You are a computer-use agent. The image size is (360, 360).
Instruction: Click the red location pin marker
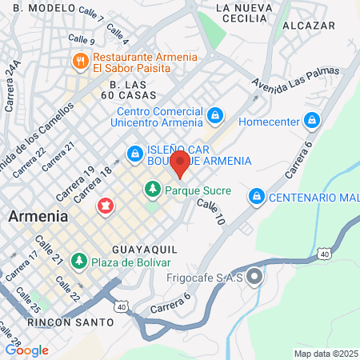click(181, 164)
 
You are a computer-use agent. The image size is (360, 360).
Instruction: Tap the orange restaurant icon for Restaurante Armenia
click(80, 61)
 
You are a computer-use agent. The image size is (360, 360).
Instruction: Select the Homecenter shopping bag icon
click(312, 122)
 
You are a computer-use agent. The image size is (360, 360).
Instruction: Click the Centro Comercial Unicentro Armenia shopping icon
click(214, 117)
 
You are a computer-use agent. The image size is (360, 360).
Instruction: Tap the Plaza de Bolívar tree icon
click(78, 261)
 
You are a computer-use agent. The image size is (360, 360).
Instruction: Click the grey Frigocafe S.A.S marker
click(254, 278)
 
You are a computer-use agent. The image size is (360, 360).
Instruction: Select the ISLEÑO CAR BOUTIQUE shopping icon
click(134, 152)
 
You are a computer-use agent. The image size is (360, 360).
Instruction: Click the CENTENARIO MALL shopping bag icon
click(256, 195)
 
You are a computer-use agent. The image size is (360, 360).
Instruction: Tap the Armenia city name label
click(38, 216)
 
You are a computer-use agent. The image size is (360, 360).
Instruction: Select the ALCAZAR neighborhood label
click(309, 26)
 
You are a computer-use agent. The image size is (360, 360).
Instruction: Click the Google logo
click(26, 350)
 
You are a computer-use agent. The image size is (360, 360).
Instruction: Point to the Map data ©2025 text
click(325, 354)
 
